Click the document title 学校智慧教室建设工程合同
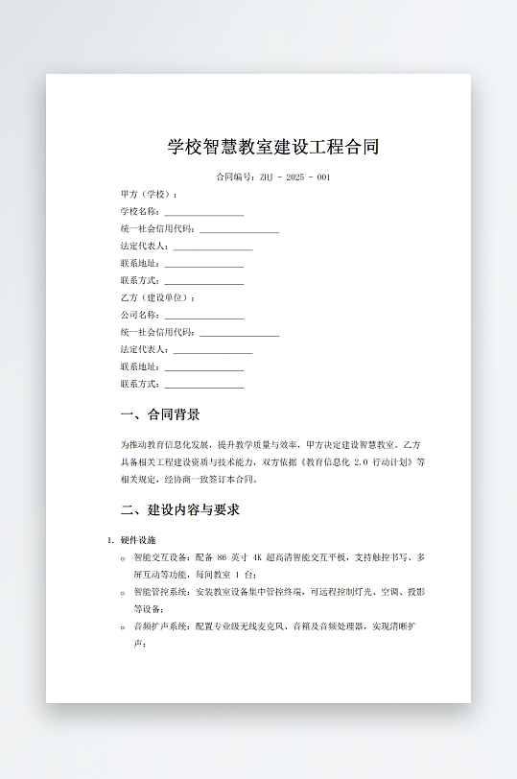[x=273, y=147]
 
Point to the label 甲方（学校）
[x=148, y=195]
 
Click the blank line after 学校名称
[x=203, y=212]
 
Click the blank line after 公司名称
[x=203, y=316]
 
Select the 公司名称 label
[x=139, y=316]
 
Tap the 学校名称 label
[x=139, y=212]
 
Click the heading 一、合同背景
[x=160, y=415]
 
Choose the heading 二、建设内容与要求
[x=180, y=509]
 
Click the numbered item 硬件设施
[x=145, y=540]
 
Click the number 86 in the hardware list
[x=223, y=557]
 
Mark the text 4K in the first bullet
[x=257, y=557]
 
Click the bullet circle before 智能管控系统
[x=123, y=593]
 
